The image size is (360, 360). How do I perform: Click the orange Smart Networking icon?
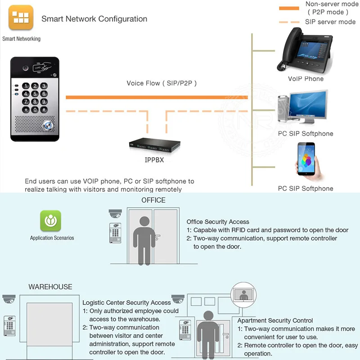point(21,18)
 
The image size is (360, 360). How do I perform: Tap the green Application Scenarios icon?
point(50,221)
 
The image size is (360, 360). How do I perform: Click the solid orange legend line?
point(289,8)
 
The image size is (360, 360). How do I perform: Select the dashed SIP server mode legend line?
point(289,22)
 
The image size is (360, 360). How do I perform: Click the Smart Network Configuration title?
point(94,19)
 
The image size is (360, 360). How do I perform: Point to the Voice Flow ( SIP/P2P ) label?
point(162,83)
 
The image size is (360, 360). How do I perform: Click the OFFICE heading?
point(153,200)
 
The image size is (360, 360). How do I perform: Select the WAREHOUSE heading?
point(50,287)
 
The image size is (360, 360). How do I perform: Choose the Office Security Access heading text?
point(218,222)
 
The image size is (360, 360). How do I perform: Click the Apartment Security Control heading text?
point(275,320)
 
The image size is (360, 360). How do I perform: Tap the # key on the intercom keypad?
point(44,109)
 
